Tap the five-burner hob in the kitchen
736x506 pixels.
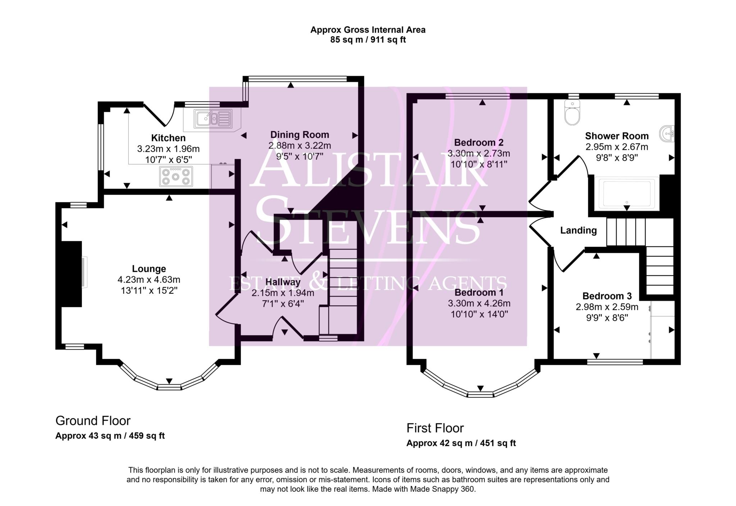[176, 177]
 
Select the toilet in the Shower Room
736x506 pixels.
[572, 113]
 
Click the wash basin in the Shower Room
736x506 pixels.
[667, 134]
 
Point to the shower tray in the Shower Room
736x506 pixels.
[627, 194]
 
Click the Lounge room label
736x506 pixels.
[149, 269]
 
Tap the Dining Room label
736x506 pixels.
[299, 135]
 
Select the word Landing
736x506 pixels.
[578, 231]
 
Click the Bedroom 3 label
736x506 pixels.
[607, 296]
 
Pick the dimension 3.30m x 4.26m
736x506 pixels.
[479, 303]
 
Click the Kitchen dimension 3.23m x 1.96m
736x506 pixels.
[168, 149]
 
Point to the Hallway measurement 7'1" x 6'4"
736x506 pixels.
[283, 304]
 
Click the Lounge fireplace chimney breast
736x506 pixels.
[70, 274]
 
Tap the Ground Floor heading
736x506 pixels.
[93, 421]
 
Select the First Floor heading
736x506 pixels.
[435, 428]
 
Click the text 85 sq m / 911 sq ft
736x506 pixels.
[368, 40]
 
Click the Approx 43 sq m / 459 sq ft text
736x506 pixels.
[110, 436]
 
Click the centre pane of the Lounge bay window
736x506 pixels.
[169, 387]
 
